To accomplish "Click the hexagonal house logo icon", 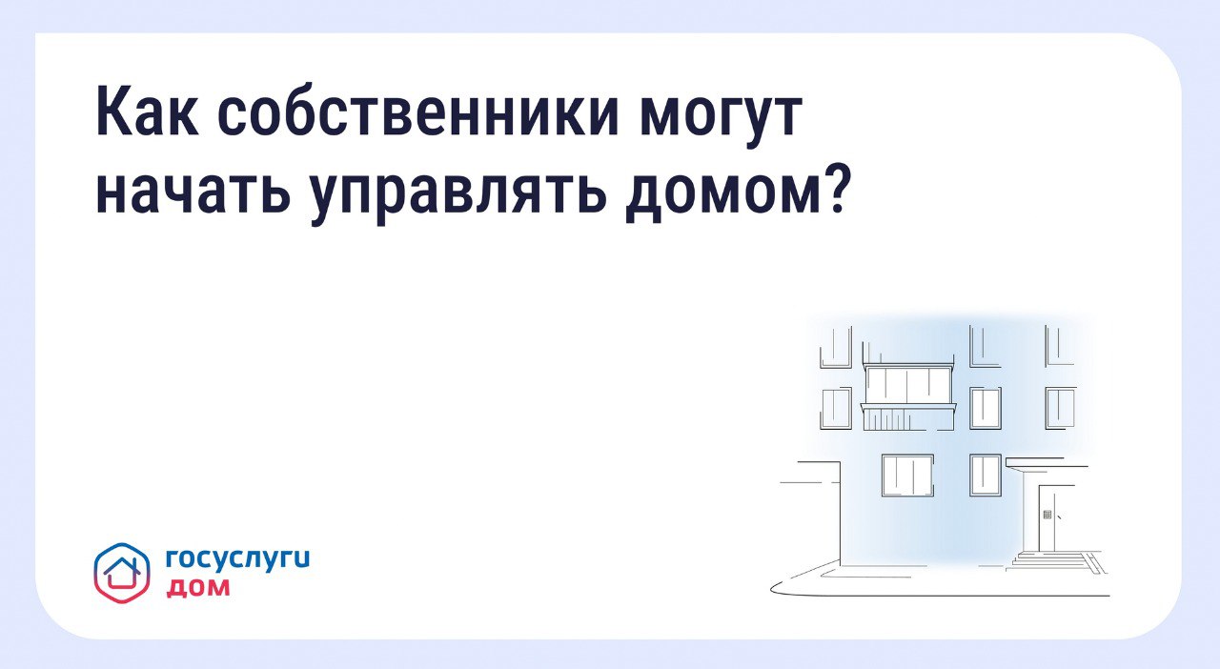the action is [x=122, y=573].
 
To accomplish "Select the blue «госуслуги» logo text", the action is [x=238, y=560].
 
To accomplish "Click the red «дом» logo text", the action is [x=197, y=588].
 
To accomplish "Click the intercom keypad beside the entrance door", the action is [x=1047, y=515].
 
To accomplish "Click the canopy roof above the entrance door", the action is [x=1047, y=462].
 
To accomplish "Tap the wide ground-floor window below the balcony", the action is [x=907, y=476].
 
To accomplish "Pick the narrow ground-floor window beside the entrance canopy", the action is [x=986, y=475].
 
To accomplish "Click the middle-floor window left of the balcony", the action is [x=836, y=408].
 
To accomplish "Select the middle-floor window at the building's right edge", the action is [x=1061, y=408].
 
